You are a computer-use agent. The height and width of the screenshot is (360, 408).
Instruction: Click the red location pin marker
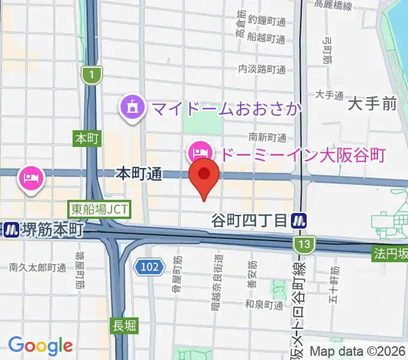pos(204,175)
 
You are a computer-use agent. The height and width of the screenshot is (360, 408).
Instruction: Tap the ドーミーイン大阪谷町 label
pos(302,154)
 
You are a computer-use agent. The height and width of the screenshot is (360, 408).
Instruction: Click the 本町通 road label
pos(139,174)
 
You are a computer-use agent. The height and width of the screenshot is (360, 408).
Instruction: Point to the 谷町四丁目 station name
pos(249,220)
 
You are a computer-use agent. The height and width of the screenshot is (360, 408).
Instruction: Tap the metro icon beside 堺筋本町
pos(10,230)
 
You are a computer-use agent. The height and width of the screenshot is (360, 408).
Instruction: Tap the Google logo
pos(40,345)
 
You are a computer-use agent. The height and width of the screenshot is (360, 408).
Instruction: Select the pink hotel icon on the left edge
pos(29,177)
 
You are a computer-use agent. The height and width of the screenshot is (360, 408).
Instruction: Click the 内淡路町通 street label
pos(262,70)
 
